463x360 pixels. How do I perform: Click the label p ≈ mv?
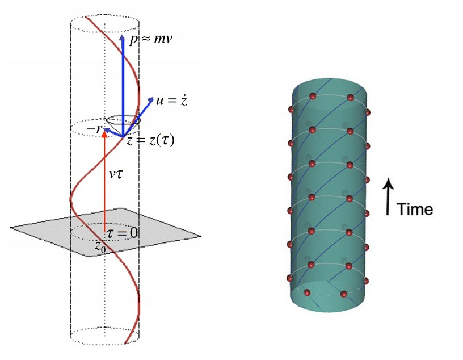point(150,41)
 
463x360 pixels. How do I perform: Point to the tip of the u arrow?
point(153,99)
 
